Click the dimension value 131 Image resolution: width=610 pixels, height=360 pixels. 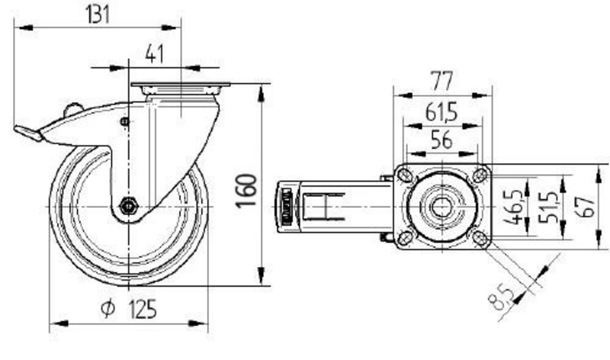tap(97, 14)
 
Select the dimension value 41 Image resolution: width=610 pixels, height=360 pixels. tap(156, 54)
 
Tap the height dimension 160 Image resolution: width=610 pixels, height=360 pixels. tap(247, 190)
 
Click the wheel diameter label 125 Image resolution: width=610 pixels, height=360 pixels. tap(142, 309)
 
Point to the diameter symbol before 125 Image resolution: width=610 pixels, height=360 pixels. tap(107, 310)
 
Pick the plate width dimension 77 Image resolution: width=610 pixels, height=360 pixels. tap(442, 81)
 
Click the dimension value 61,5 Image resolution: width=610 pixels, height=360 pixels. tap(442, 112)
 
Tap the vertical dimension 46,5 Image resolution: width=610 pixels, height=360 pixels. tap(515, 206)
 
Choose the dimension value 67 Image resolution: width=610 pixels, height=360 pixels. tap(587, 206)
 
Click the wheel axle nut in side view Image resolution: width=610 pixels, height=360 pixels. tap(129, 206)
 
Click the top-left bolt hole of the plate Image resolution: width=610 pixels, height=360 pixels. tap(404, 175)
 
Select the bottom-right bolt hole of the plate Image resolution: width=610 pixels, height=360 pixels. tap(480, 237)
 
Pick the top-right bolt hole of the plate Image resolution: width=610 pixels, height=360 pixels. tap(480, 175)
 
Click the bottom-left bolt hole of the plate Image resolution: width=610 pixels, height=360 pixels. tap(404, 237)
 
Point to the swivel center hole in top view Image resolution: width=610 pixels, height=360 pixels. tap(441, 206)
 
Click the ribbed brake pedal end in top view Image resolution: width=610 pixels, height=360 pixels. tap(285, 207)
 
